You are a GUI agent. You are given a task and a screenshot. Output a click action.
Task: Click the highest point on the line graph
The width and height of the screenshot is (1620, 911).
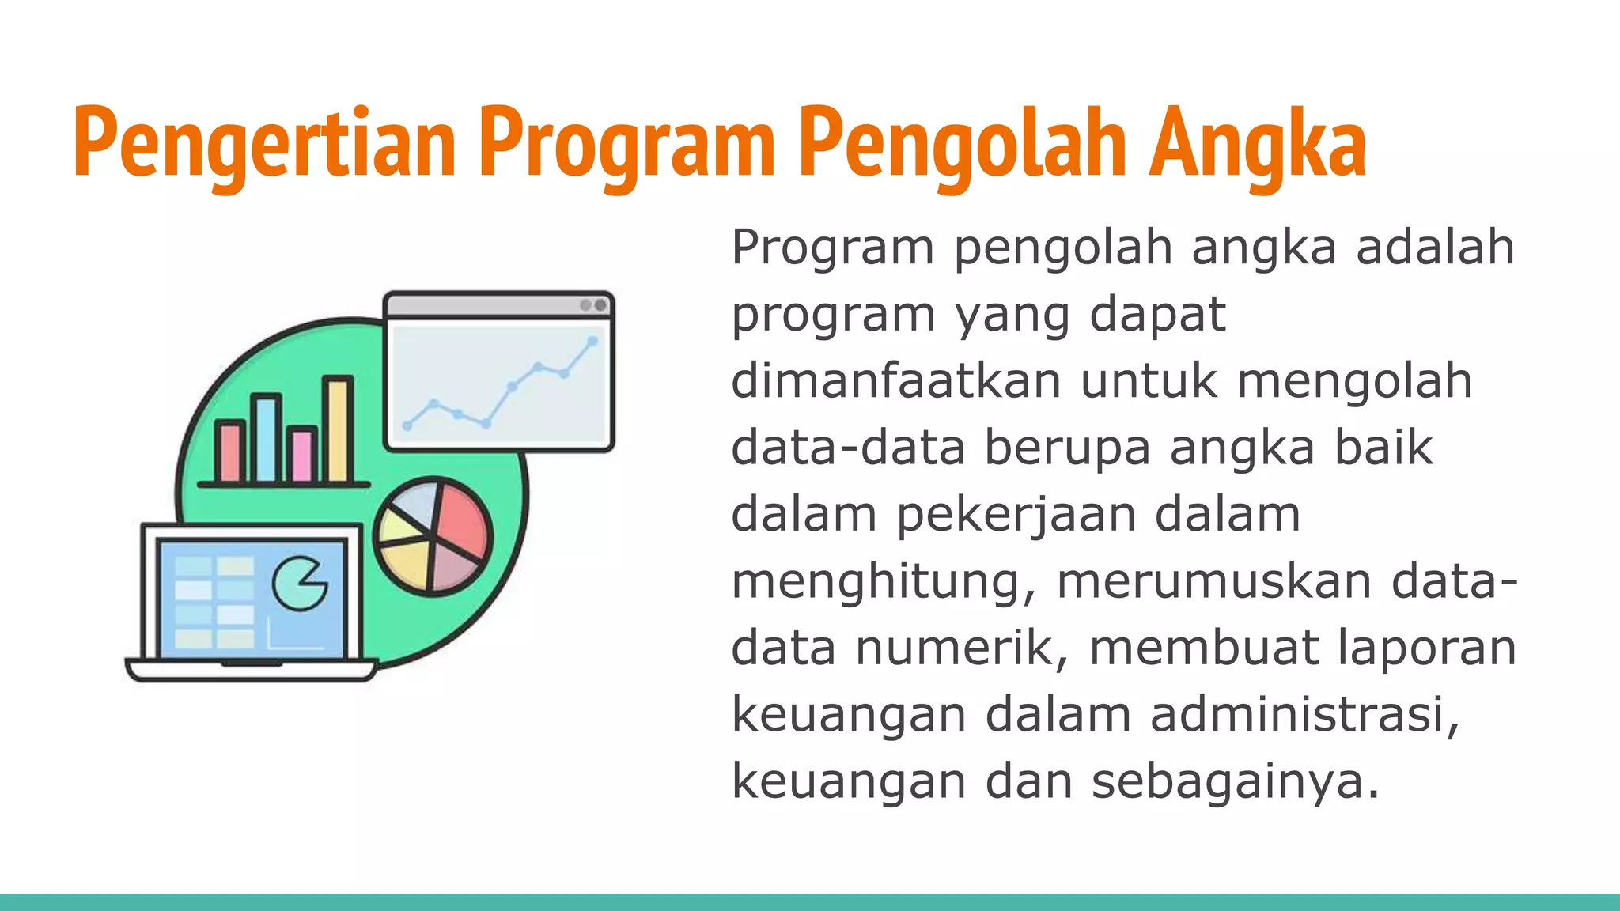click(592, 341)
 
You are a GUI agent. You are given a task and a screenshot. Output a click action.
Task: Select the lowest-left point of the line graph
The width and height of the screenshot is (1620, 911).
click(407, 425)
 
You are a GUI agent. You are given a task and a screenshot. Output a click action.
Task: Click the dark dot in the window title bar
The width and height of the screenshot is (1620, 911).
click(601, 305)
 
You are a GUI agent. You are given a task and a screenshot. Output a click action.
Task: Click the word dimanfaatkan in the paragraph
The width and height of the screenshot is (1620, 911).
click(895, 380)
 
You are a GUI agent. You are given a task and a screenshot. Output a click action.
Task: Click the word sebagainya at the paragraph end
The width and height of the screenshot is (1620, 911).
click(1235, 781)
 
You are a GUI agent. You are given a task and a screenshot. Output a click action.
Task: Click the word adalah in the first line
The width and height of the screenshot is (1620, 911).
click(1435, 247)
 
